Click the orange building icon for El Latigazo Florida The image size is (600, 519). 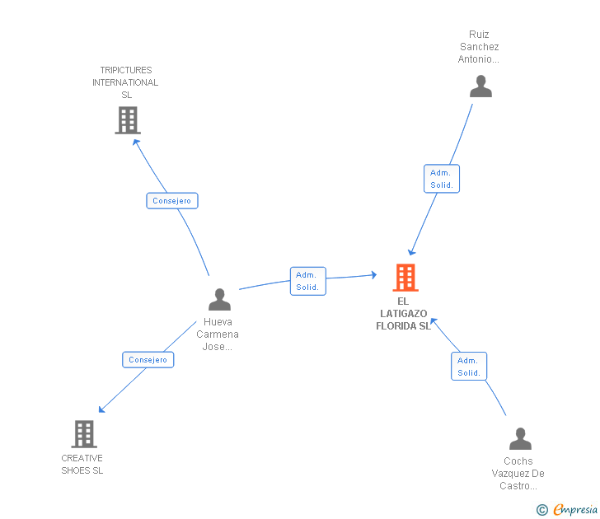click(x=405, y=278)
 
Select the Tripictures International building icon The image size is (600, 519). click(x=127, y=120)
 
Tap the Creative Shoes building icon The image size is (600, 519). click(x=83, y=433)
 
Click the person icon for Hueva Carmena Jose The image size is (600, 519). click(x=219, y=299)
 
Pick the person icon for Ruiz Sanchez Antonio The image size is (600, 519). click(x=480, y=86)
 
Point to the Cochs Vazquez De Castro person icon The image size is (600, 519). click(x=520, y=438)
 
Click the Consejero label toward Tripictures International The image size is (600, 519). click(x=172, y=201)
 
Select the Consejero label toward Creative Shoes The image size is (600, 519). click(x=148, y=360)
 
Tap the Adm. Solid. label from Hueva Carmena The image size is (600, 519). click(x=307, y=281)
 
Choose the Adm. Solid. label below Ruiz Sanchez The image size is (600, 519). click(x=442, y=179)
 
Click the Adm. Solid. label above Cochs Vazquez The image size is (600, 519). click(x=469, y=367)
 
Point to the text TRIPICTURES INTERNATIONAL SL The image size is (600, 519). click(x=125, y=82)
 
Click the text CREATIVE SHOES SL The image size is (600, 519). click(x=82, y=465)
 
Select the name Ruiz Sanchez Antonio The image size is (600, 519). click(x=479, y=47)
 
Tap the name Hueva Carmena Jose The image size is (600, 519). click(x=218, y=334)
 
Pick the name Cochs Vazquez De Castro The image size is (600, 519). click(x=518, y=474)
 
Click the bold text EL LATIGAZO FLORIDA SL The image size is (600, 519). click(x=403, y=314)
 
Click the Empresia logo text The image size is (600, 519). click(x=574, y=510)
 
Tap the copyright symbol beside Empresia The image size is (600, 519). click(x=541, y=510)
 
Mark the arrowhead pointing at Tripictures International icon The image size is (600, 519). click(x=136, y=141)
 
